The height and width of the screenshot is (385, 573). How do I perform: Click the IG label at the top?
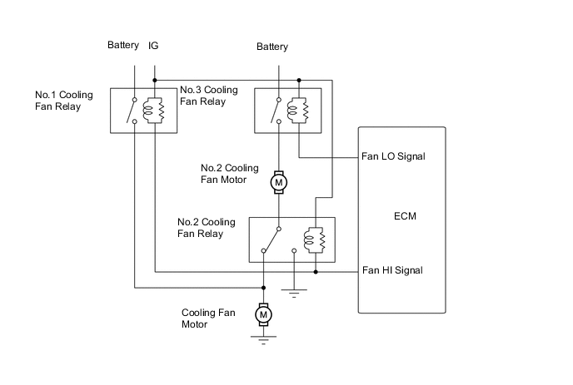click(x=153, y=45)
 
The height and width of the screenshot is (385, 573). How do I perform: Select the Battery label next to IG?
click(x=123, y=45)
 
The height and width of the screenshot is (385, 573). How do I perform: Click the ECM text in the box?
click(x=405, y=216)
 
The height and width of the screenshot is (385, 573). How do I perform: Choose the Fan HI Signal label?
click(x=392, y=270)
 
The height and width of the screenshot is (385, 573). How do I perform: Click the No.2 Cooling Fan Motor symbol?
click(x=279, y=180)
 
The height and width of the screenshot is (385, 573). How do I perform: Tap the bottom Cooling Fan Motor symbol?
click(x=263, y=313)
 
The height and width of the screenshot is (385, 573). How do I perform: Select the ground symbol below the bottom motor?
click(x=263, y=337)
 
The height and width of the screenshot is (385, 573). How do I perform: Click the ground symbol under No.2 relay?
click(x=294, y=291)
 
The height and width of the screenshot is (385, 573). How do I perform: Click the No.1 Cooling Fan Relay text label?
click(x=63, y=101)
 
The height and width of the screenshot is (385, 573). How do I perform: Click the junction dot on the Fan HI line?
click(x=316, y=272)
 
